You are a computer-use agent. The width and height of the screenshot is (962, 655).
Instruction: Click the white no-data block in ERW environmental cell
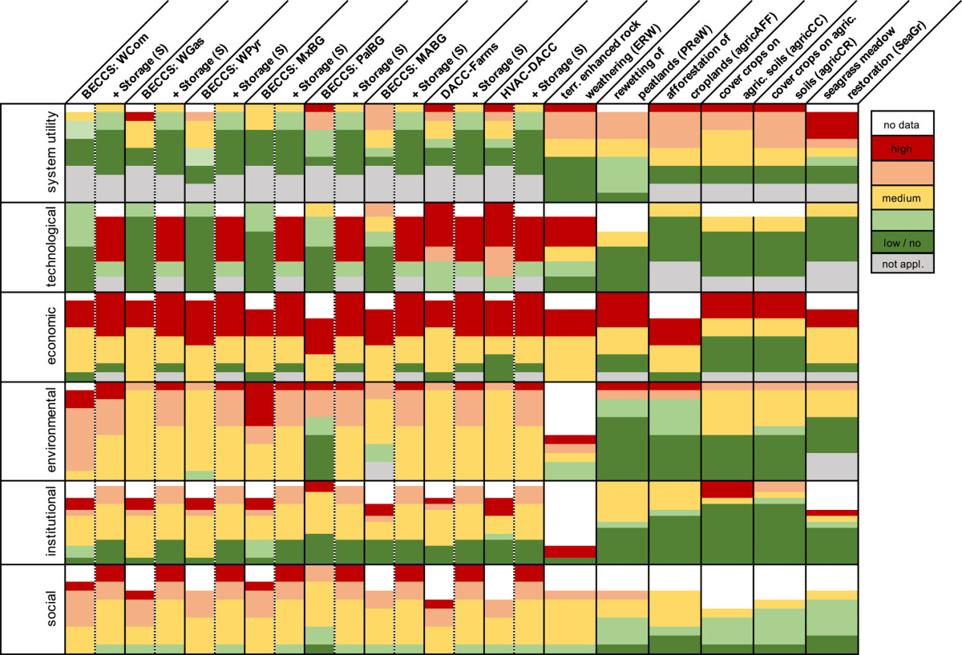570,409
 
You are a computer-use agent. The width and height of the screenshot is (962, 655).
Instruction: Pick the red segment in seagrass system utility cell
832,125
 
